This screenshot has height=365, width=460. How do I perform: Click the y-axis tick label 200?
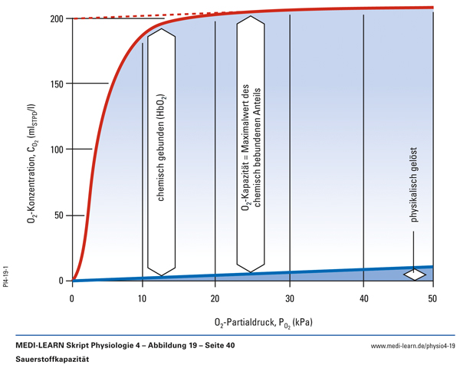point(57,18)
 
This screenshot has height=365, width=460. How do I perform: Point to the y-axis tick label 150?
point(57,83)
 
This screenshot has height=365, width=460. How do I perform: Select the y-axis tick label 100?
point(57,149)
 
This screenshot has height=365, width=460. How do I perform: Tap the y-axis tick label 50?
point(59,215)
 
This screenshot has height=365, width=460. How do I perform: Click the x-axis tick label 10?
point(143,298)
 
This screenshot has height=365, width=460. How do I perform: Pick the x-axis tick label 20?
point(215,298)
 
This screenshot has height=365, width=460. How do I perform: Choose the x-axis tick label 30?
point(289,298)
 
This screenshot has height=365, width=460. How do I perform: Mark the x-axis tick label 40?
point(362,298)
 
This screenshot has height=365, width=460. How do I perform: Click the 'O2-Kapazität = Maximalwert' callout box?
point(251,146)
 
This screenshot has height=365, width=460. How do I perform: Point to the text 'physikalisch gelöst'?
point(415,183)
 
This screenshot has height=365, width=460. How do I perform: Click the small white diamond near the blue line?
point(416,273)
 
